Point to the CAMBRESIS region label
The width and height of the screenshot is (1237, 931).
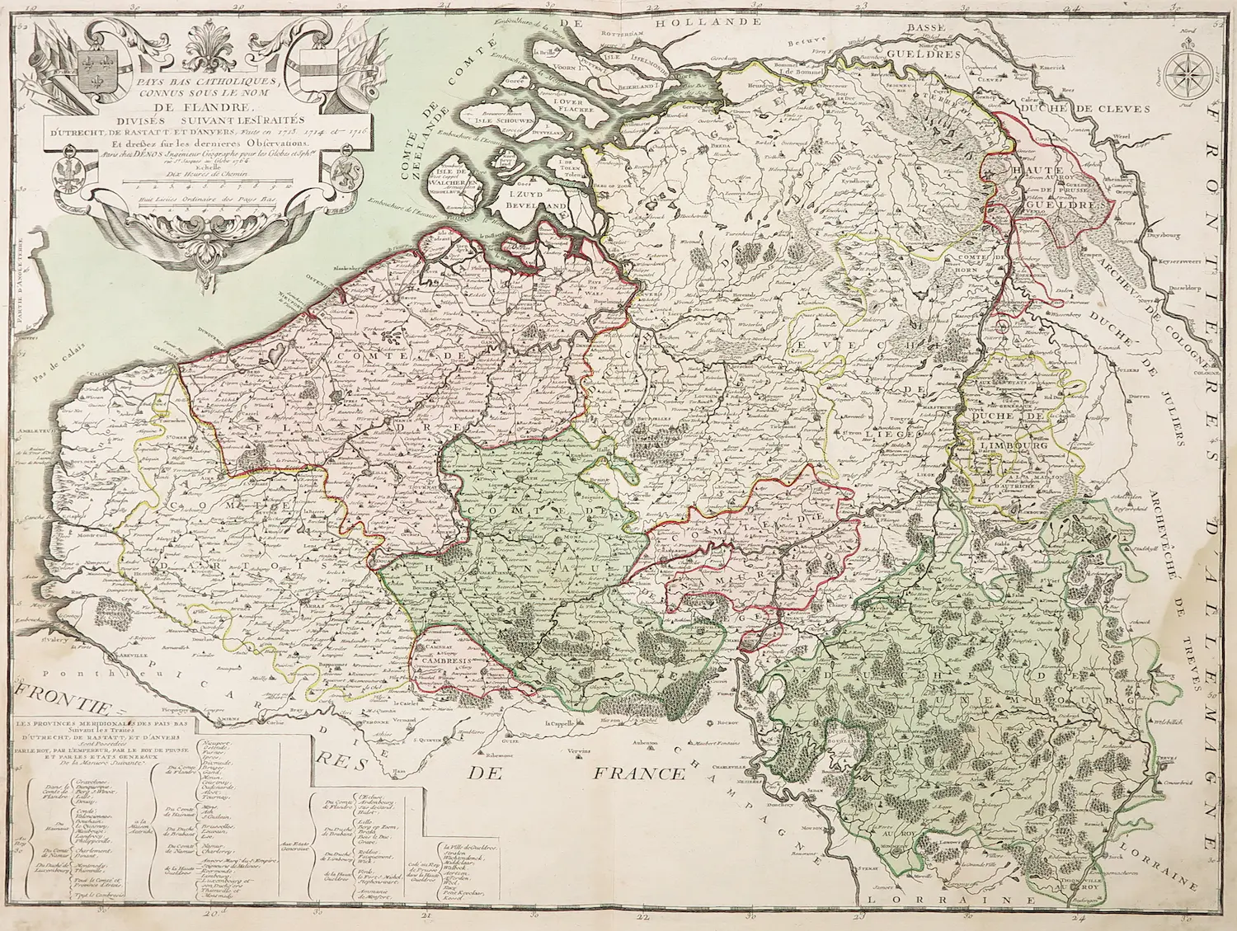point(449,661)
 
